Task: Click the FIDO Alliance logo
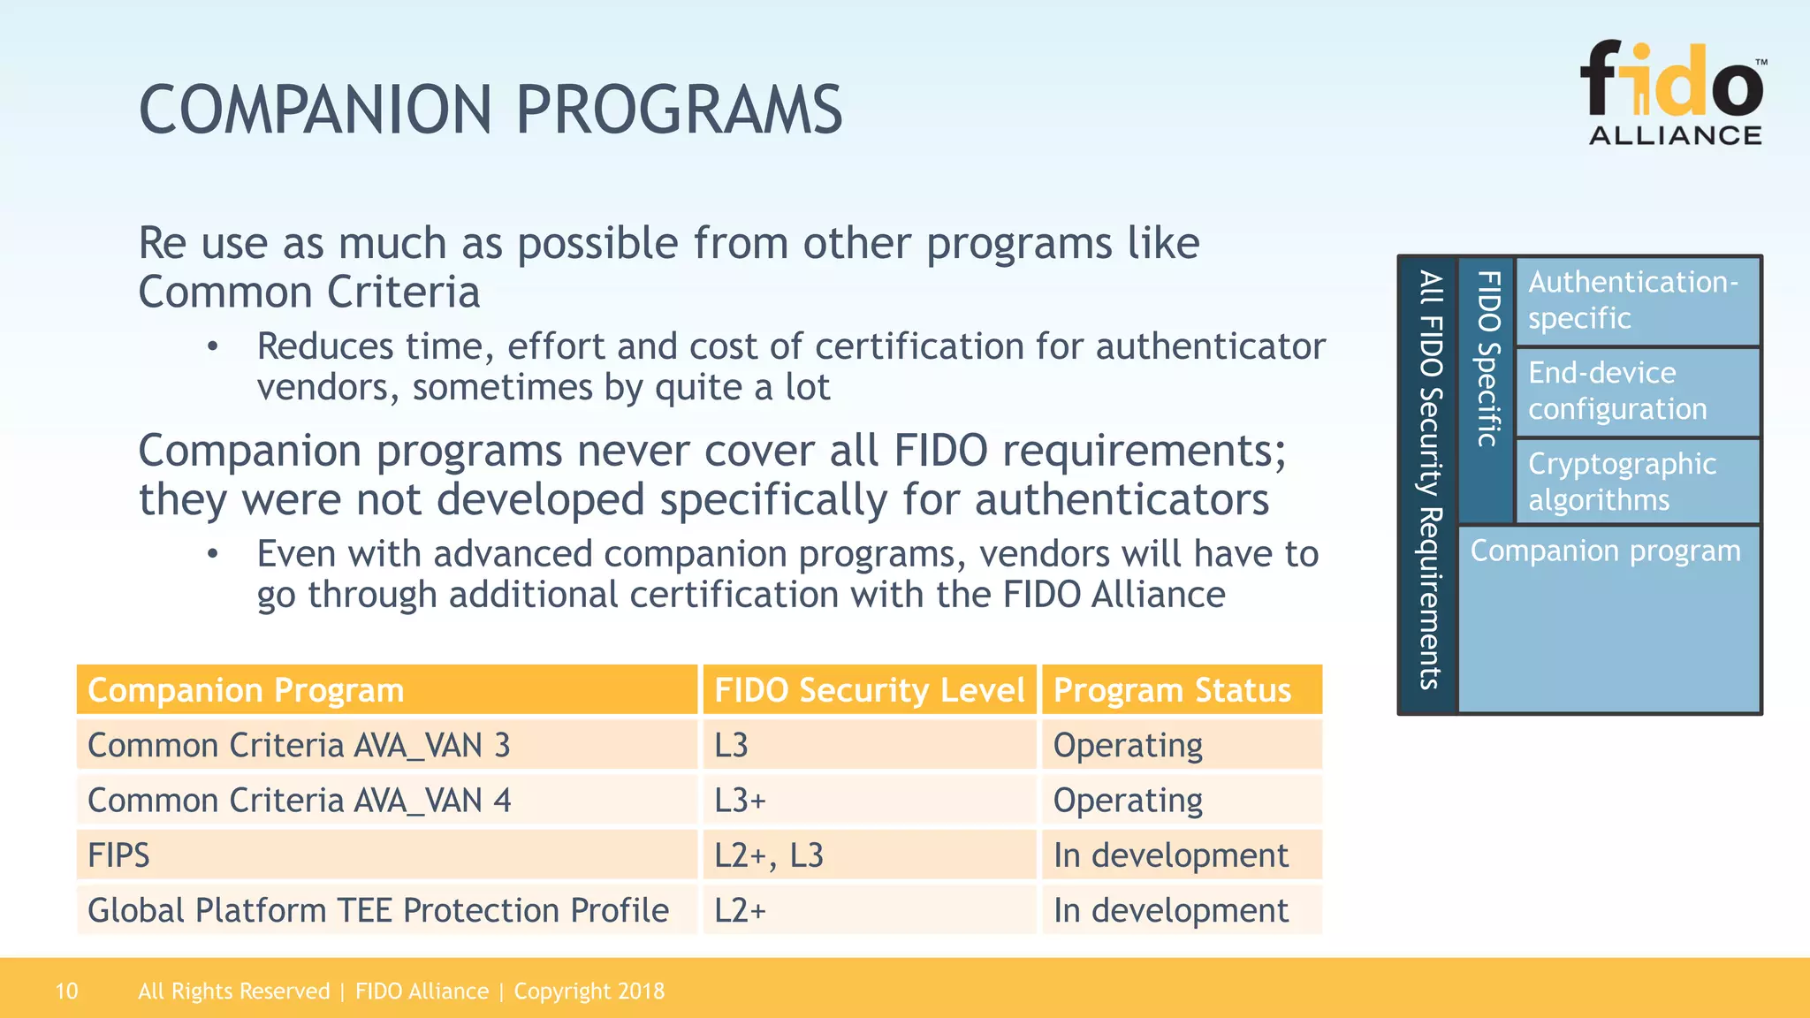1673,93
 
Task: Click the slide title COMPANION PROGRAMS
491,110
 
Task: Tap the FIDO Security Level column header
869,690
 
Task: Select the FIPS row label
119,855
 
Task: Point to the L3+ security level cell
741,801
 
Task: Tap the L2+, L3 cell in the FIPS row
769,855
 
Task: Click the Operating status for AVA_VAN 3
1128,745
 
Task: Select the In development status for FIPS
1170,855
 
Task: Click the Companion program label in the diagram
1605,551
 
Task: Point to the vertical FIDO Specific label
1487,359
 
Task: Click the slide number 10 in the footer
66,991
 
